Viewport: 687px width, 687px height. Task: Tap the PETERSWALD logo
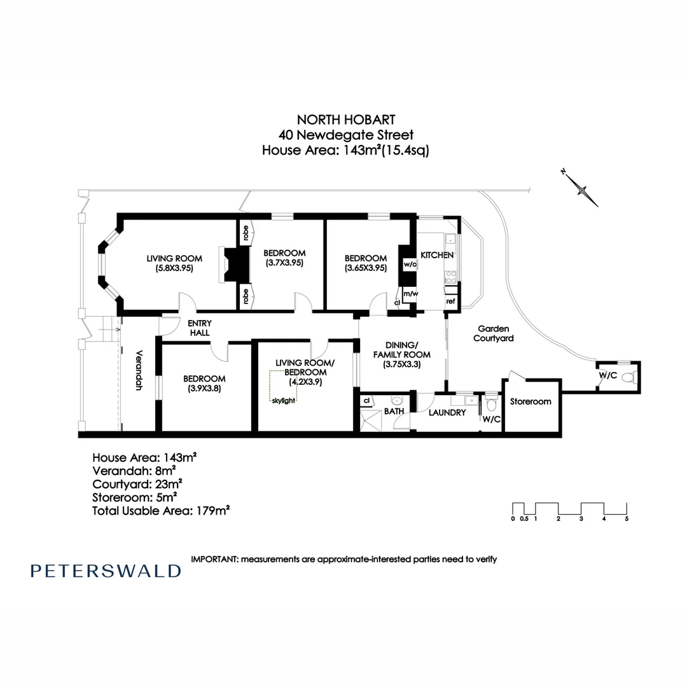tap(106, 571)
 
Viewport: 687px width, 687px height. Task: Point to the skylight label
tap(284, 401)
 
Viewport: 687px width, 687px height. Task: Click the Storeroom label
tap(531, 401)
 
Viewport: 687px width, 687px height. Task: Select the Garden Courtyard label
tap(492, 333)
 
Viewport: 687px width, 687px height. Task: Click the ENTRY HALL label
tap(199, 328)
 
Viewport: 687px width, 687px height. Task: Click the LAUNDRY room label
tap(448, 413)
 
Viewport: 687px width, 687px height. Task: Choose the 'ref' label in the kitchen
tap(450, 301)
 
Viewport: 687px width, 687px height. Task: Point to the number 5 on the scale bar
tap(627, 519)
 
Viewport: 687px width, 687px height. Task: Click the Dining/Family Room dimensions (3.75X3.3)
tap(401, 364)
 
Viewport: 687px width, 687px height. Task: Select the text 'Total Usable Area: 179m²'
tap(161, 510)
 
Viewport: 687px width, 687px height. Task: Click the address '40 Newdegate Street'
tap(346, 135)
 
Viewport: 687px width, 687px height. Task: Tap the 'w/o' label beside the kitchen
tap(410, 264)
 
